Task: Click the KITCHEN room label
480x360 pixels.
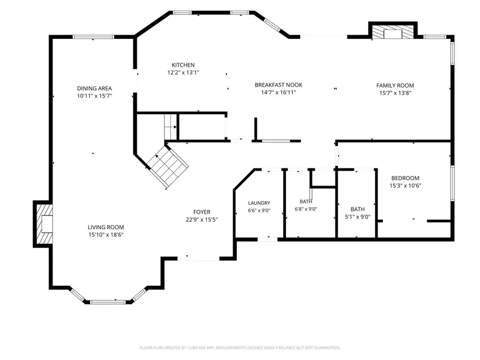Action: point(183,65)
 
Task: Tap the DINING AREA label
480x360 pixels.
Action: point(94,89)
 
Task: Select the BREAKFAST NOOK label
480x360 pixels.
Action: point(278,85)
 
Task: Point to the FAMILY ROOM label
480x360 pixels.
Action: point(395,85)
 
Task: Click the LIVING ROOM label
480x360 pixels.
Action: point(106,227)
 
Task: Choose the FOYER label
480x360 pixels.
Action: point(202,212)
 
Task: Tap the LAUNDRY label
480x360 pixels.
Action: point(259,203)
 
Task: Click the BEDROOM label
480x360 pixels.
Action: point(405,178)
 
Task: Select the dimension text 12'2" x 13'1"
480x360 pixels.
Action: point(183,73)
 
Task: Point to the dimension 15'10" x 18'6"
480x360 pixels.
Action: point(106,235)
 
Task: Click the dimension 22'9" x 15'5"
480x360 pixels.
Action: point(202,220)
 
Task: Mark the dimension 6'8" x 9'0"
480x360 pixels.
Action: point(306,209)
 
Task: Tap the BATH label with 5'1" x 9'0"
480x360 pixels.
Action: point(357,209)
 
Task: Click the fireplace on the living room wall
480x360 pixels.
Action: point(43,224)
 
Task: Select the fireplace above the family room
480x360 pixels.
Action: point(393,31)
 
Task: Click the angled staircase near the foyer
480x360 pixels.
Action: point(167,166)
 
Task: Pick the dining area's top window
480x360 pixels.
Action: point(93,37)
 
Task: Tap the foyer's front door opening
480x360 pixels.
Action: point(198,259)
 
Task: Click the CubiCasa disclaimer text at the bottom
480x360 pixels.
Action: point(239,348)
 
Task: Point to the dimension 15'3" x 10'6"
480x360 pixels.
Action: point(405,186)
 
